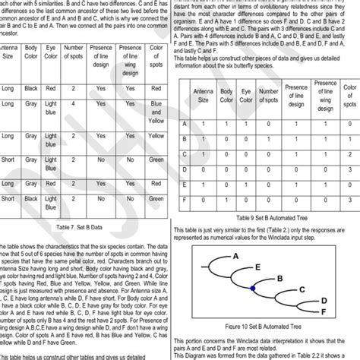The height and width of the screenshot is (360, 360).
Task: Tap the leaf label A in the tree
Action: [236, 257]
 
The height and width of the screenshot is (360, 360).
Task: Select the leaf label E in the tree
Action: [259, 267]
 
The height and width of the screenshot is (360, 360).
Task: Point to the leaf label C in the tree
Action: [302, 289]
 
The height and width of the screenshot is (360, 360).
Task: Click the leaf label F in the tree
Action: [323, 311]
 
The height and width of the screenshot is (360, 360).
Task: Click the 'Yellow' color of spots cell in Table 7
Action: [156, 140]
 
